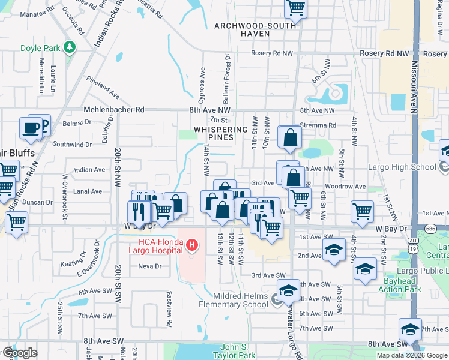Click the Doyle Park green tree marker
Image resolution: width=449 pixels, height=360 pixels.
70,47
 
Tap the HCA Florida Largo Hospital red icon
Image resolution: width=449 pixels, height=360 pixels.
191,245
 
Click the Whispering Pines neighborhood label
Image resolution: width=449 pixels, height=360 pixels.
221,133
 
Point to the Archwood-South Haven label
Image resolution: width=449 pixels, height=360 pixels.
255,29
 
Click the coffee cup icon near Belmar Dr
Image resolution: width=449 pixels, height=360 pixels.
31,128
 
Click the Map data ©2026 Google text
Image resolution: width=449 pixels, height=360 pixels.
411,355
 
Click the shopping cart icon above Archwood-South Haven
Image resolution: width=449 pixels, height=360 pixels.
295,8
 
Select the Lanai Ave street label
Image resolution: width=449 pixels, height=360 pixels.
88,191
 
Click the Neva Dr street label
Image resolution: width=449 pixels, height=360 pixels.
149,266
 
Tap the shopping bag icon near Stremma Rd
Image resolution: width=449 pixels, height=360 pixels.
290,137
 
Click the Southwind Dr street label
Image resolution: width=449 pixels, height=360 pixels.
71,145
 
